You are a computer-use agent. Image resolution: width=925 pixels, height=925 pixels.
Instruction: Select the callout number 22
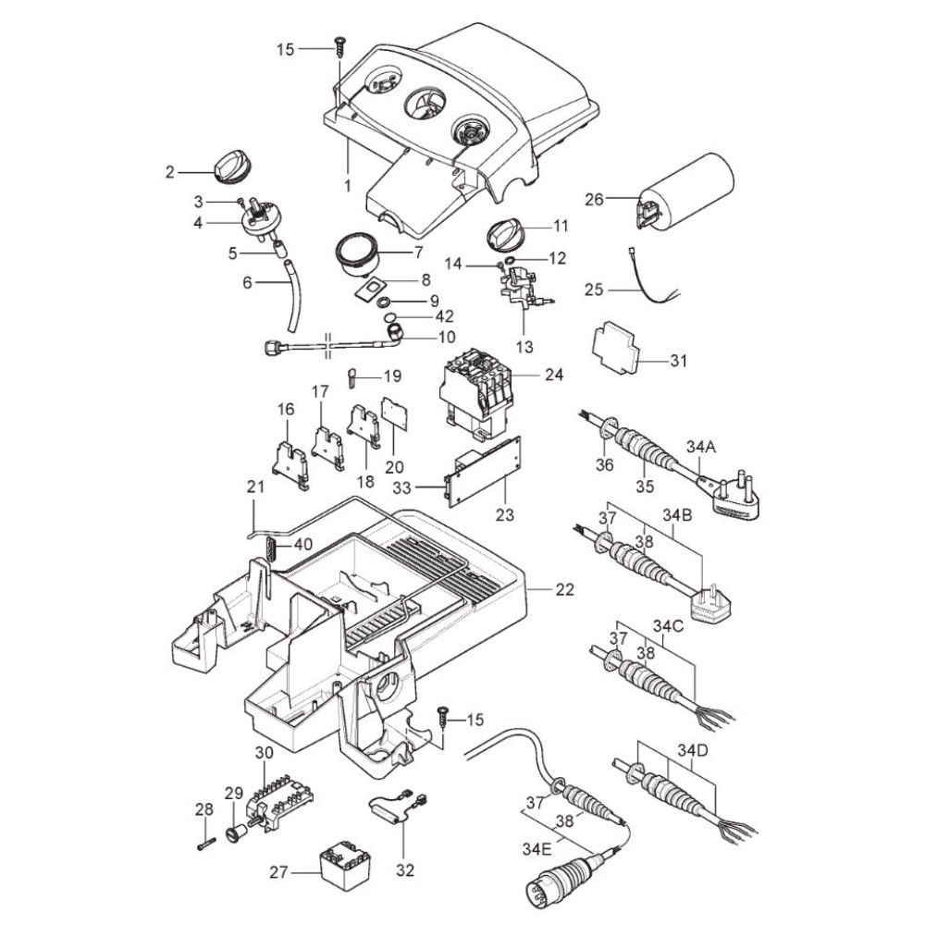(x=564, y=589)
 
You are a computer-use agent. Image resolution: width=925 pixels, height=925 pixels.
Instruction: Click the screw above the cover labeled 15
(x=340, y=46)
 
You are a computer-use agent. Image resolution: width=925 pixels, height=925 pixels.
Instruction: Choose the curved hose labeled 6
(x=292, y=297)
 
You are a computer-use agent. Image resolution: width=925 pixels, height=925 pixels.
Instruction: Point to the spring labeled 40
(x=270, y=549)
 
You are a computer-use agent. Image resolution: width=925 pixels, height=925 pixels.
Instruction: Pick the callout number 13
(x=524, y=346)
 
